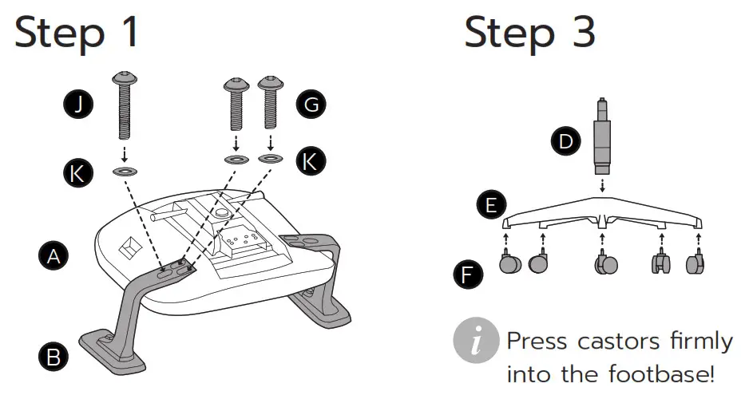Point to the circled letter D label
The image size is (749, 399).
[565, 142]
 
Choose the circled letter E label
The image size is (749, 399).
[489, 205]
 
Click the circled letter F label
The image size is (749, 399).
[467, 275]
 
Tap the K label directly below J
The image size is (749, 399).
[78, 173]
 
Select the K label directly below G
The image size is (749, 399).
[311, 161]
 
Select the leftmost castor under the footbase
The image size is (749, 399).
[509, 264]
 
